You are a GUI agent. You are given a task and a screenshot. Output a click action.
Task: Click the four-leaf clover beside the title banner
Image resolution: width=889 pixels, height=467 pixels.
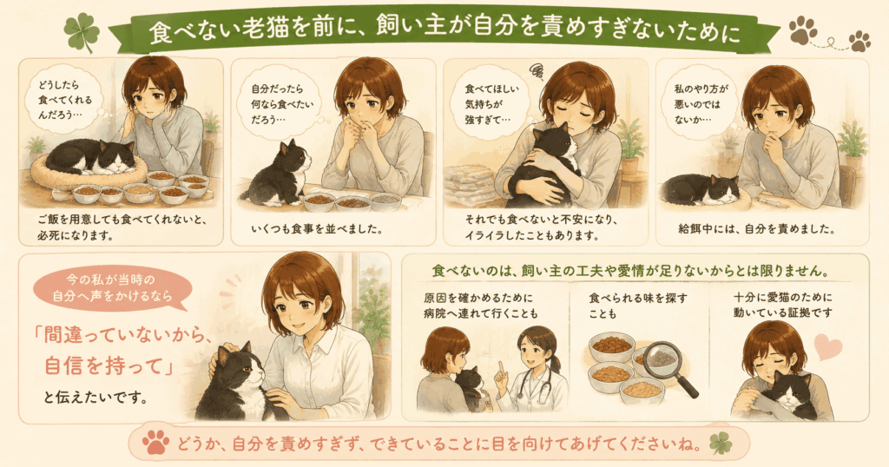point(82,32)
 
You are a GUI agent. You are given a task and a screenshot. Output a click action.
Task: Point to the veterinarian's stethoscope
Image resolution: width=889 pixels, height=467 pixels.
point(539,383)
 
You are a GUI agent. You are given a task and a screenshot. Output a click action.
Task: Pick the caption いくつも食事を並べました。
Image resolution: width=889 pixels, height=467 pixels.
point(317,229)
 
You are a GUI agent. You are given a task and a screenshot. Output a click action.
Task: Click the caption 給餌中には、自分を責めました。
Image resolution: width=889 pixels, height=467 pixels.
point(757,229)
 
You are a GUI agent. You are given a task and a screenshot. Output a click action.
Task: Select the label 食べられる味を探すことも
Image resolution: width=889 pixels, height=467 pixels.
point(638,306)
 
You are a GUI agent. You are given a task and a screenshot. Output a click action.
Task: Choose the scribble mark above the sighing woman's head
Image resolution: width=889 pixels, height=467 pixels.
point(537,71)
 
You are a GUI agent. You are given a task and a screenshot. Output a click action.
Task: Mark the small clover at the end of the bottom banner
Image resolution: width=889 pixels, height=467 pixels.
point(721,443)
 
